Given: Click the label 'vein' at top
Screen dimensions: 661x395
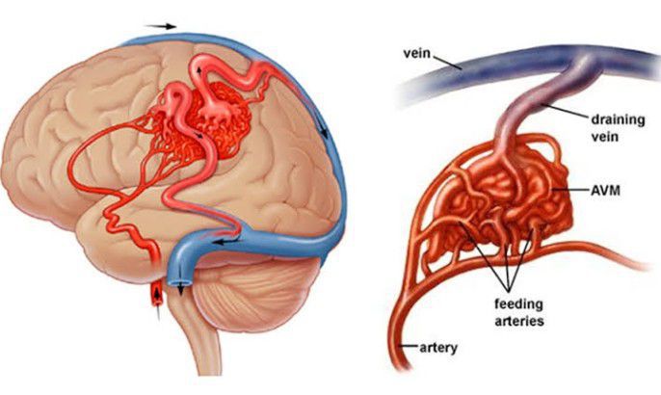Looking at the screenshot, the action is (416, 54).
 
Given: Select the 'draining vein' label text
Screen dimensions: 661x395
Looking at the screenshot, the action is (618, 128).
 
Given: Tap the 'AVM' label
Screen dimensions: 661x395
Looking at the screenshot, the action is (605, 191).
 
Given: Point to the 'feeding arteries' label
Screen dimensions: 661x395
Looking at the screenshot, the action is (519, 312).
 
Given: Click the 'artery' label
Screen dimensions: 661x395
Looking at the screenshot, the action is (438, 348).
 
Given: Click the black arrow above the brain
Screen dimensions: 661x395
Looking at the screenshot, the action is (160, 27).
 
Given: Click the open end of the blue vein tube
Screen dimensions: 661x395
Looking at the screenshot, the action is (180, 281).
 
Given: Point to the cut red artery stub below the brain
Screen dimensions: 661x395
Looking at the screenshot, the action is (157, 294).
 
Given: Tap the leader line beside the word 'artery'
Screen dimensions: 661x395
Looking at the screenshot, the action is (409, 346).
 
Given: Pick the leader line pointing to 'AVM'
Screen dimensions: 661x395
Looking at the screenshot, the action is (570, 190).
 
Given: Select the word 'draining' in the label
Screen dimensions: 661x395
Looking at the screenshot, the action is (618, 120).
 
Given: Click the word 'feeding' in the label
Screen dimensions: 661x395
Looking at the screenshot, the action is (518, 304).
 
